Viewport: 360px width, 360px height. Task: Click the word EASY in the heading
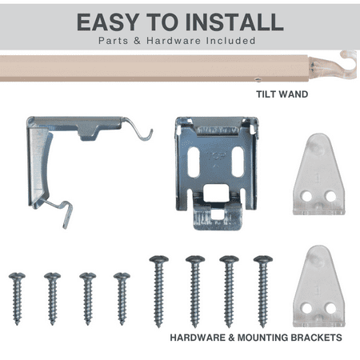point(108,22)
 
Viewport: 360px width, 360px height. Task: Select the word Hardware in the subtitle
point(174,41)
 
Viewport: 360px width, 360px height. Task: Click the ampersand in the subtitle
point(137,41)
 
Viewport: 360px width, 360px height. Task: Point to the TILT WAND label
point(282,94)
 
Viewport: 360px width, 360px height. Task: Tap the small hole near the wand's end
point(258,79)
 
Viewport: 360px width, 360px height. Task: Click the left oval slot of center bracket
point(194,162)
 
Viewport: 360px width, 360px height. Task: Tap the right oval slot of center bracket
point(238,162)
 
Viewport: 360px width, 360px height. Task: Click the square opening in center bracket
point(216,192)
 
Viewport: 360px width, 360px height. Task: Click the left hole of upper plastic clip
point(307,197)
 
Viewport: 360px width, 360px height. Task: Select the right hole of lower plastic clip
point(330,308)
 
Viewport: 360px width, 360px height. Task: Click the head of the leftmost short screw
point(17,276)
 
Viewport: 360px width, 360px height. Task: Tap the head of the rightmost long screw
point(263,259)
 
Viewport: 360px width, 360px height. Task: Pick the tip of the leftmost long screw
point(158,326)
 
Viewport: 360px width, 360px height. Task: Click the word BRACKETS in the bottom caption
point(316,338)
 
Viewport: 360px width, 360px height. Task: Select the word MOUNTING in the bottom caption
point(262,338)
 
